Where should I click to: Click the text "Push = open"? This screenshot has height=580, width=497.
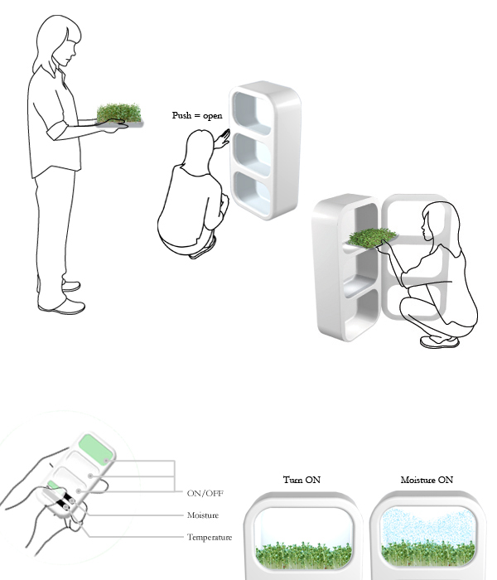(x=197, y=115)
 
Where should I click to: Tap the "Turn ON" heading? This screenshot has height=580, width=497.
(x=302, y=480)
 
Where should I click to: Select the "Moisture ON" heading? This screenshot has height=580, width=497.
(x=427, y=480)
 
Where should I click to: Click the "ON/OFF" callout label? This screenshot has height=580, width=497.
(x=205, y=493)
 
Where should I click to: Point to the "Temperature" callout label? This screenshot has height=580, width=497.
(x=210, y=537)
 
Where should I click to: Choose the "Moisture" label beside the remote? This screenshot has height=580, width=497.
(x=203, y=515)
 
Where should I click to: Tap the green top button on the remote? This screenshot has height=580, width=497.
(x=96, y=449)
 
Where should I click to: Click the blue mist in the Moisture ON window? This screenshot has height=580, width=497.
(x=427, y=525)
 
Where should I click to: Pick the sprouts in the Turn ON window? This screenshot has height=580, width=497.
(x=303, y=555)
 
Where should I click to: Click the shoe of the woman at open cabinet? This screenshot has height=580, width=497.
(x=440, y=341)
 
